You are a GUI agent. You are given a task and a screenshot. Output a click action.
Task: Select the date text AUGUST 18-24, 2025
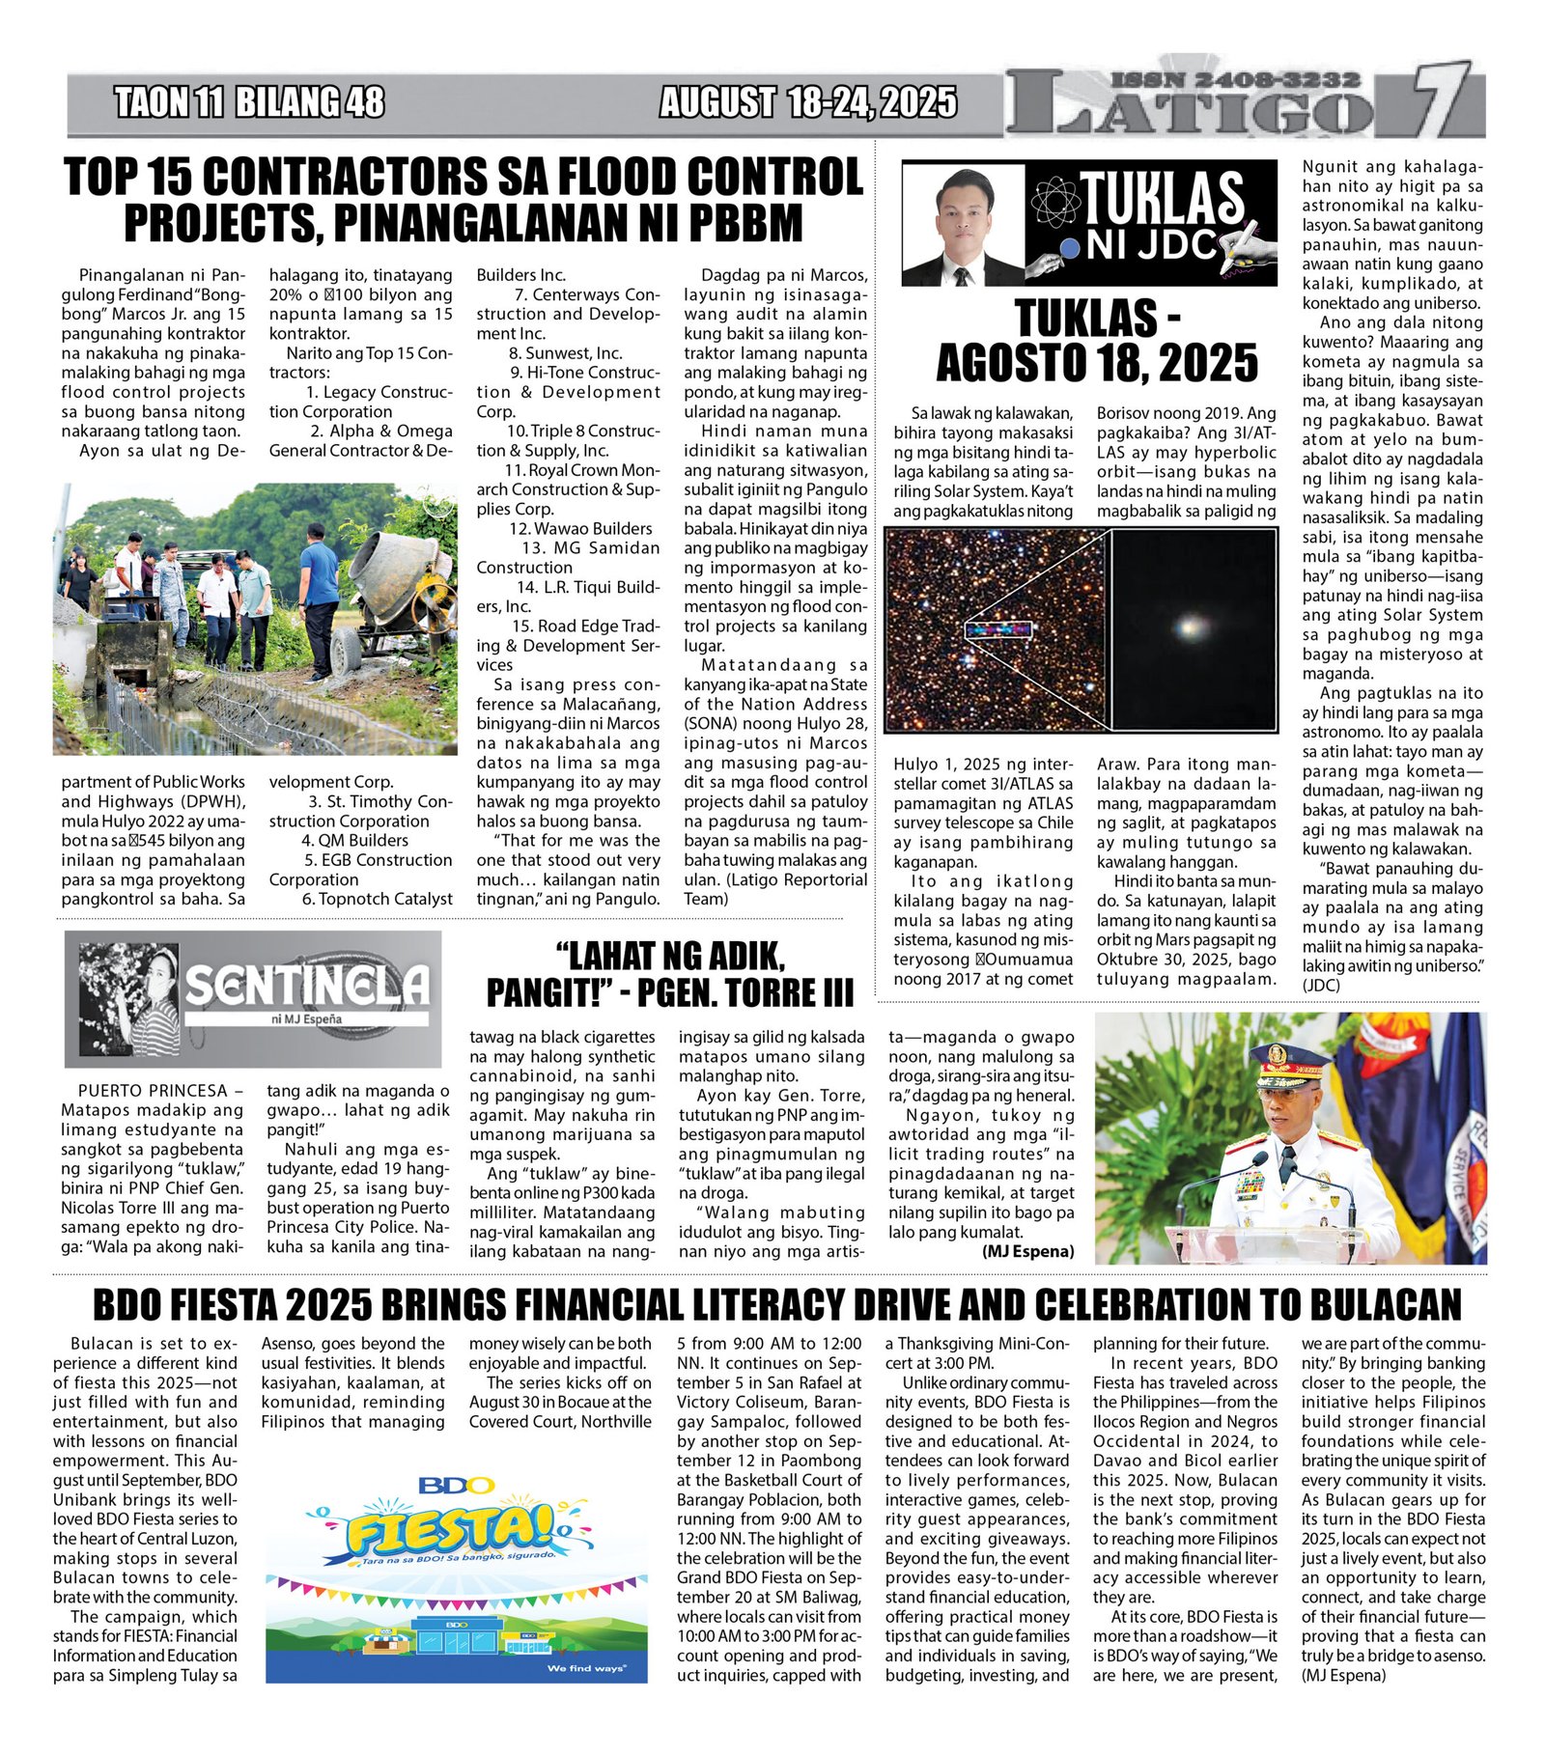(808, 102)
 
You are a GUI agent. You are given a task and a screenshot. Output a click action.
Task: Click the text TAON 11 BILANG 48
(249, 102)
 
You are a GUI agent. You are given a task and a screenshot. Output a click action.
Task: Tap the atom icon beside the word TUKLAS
(1054, 201)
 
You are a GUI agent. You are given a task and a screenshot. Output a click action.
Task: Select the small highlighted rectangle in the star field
(998, 629)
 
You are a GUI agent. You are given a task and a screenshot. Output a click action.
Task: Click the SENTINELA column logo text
(306, 985)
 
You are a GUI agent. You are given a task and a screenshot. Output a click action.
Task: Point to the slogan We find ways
(586, 1668)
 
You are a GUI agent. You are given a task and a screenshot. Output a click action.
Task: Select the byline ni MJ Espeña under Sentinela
(306, 1018)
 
